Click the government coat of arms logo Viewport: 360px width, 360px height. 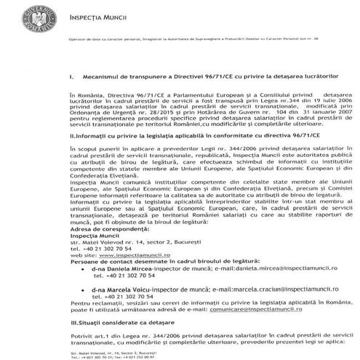(35, 19)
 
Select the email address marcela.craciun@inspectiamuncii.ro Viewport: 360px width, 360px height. (254, 289)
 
